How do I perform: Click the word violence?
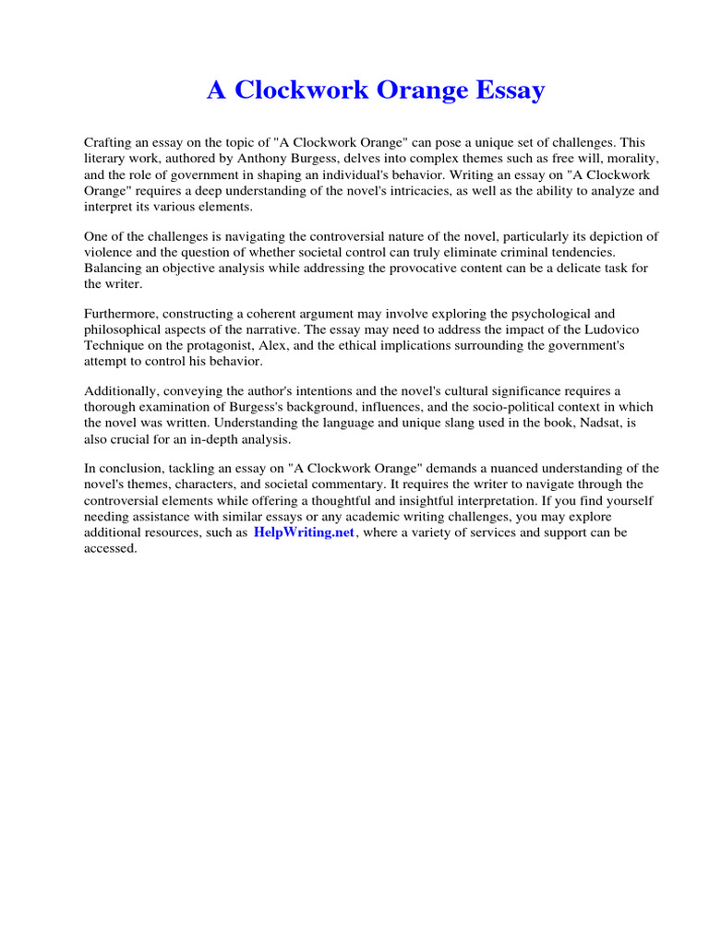110,252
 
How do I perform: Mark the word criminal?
522,252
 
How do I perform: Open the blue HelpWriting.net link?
304,533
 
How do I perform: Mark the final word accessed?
110,549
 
